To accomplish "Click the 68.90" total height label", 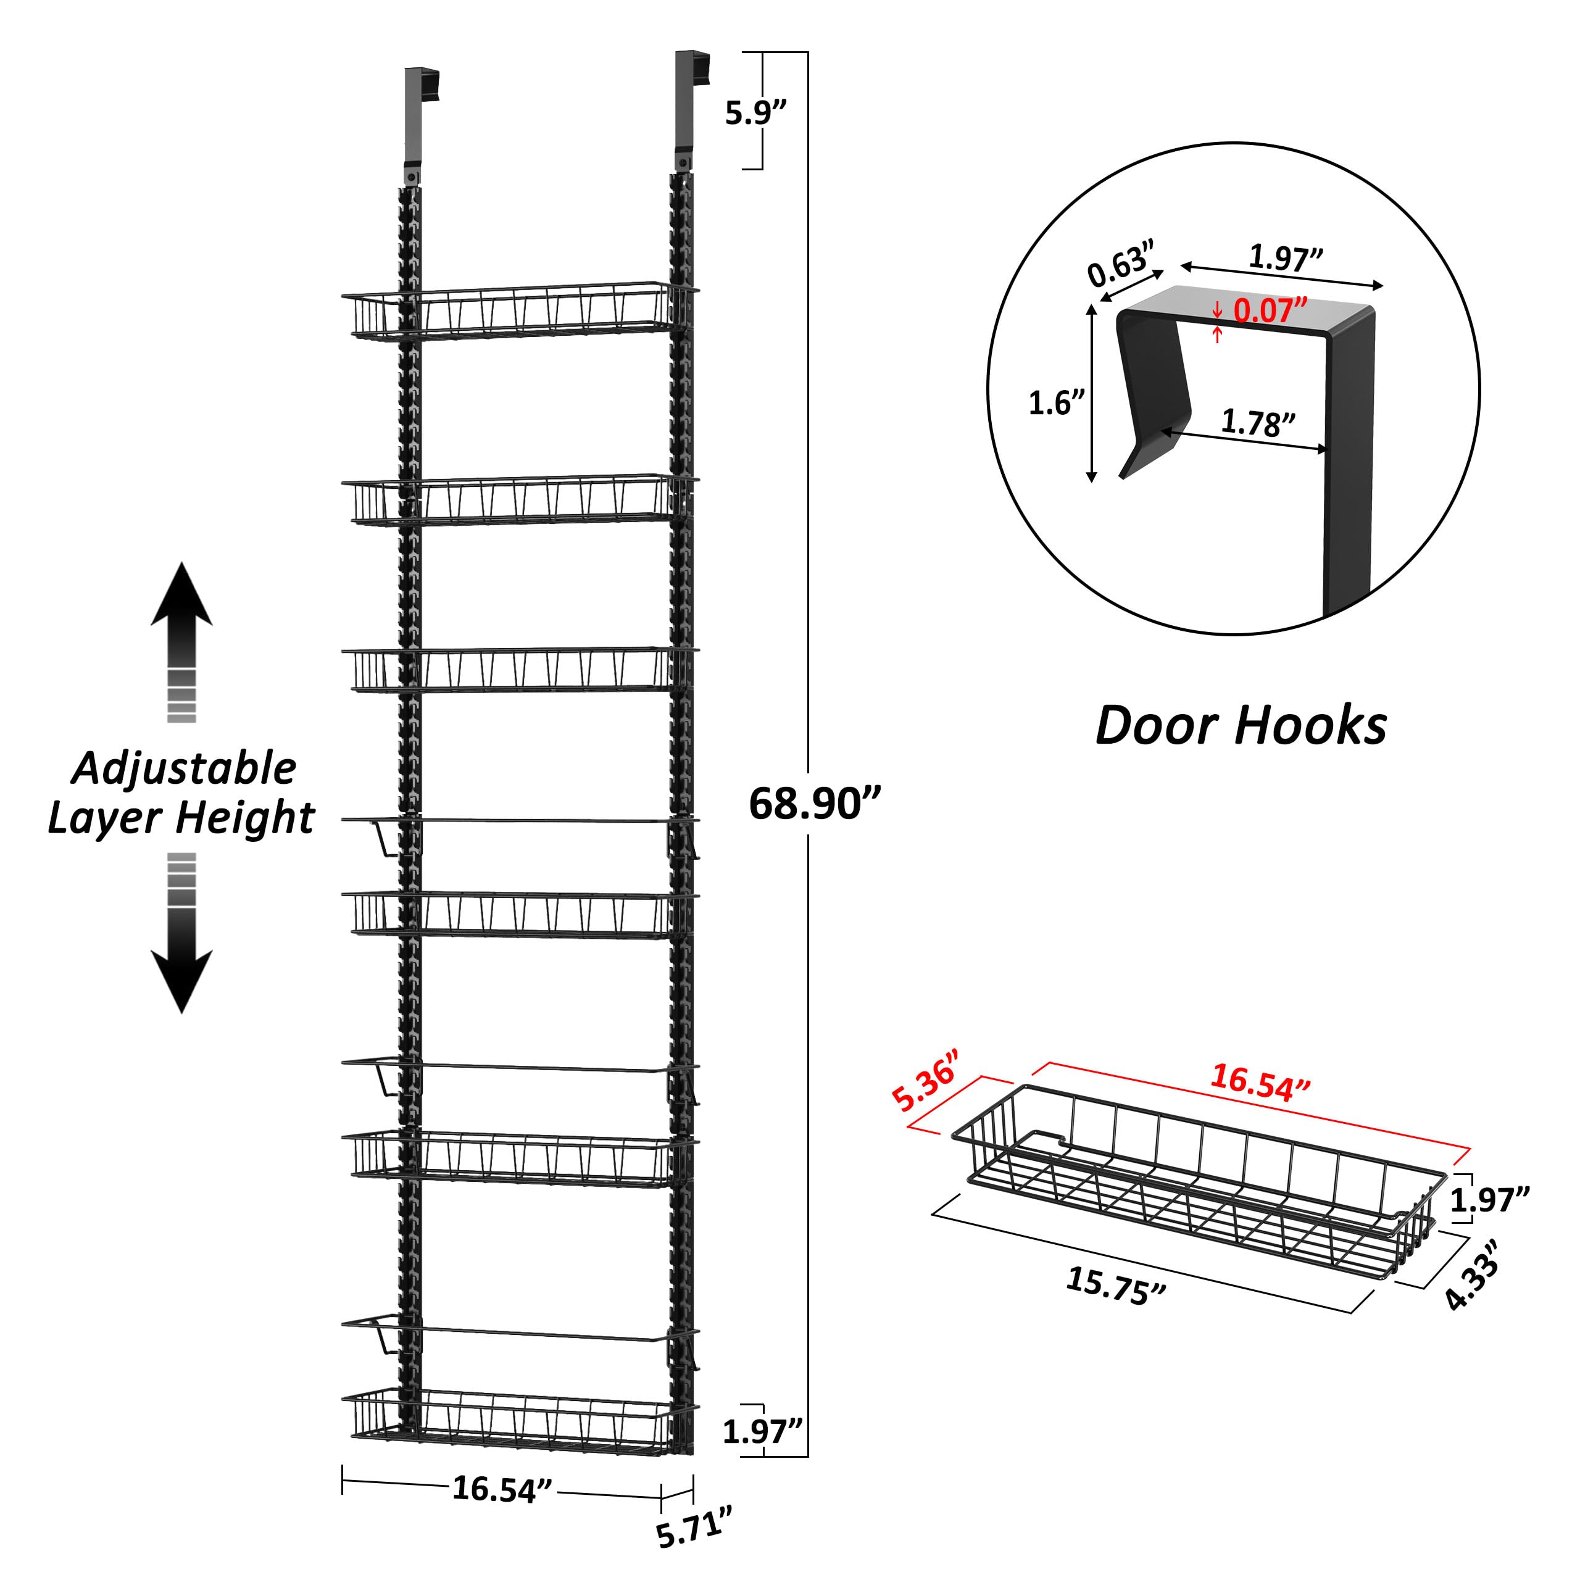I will [815, 804].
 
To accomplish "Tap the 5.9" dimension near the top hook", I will [755, 113].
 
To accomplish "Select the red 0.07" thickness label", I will [1268, 311].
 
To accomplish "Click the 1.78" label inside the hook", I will [1258, 423].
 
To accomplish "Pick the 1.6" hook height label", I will [1057, 402].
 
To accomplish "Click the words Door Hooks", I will [1241, 725].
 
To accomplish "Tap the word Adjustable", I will [184, 768].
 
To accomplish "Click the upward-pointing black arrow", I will [181, 610].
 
